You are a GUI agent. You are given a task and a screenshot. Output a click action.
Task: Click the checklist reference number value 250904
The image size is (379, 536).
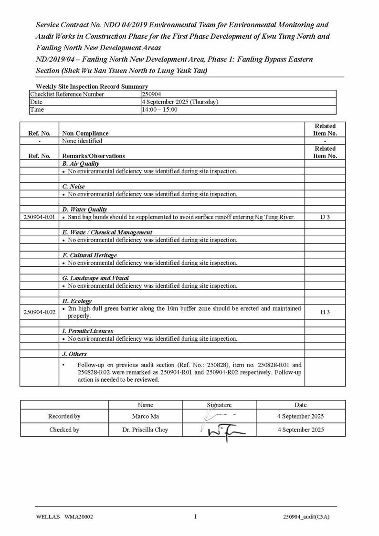pyautogui.click(x=151, y=95)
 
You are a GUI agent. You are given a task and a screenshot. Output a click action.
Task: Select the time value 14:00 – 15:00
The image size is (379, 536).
pyautogui.click(x=159, y=110)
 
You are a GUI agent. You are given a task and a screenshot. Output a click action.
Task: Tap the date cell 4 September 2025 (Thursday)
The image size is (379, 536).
pyautogui.click(x=180, y=102)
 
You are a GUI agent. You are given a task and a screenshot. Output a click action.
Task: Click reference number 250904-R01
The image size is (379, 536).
pyautogui.click(x=39, y=217)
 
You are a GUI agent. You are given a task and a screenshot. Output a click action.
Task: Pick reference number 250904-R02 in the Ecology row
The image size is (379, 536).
pyautogui.click(x=39, y=312)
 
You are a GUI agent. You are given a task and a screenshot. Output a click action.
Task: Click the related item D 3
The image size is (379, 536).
pyautogui.click(x=325, y=217)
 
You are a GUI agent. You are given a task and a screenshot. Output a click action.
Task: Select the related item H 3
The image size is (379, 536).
pyautogui.click(x=325, y=312)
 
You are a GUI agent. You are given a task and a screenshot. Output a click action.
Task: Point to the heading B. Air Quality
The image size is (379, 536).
pyautogui.click(x=81, y=164)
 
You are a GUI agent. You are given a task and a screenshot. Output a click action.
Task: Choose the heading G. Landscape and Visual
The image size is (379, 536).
pyautogui.click(x=95, y=278)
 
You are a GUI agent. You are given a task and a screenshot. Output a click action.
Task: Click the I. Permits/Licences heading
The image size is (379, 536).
pyautogui.click(x=88, y=331)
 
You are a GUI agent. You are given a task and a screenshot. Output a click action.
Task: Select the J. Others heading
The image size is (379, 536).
pyautogui.click(x=74, y=354)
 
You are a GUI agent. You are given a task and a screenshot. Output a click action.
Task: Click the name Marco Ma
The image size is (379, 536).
pyautogui.click(x=145, y=417)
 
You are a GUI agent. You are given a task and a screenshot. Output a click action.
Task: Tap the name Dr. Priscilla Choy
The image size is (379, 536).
pyautogui.click(x=145, y=430)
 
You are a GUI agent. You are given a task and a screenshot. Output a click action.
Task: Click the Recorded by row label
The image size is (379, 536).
pyautogui.click(x=64, y=417)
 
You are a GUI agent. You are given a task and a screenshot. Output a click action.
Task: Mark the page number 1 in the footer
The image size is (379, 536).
pyautogui.click(x=195, y=516)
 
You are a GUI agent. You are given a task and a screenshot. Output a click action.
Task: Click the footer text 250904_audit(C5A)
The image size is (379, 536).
pyautogui.click(x=306, y=517)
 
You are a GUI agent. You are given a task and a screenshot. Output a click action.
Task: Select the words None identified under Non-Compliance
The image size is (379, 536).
pyautogui.click(x=82, y=141)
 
